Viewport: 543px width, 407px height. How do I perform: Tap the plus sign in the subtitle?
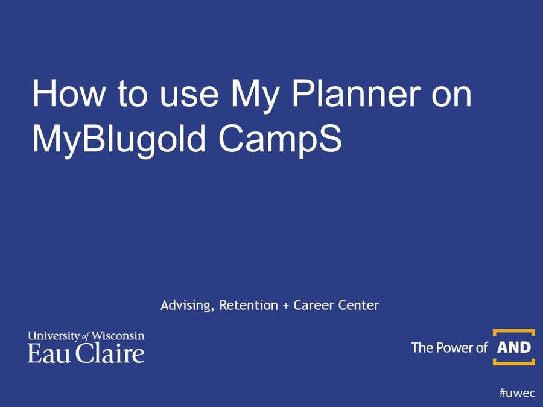tap(286, 306)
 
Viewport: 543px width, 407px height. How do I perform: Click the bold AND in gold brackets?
tap(513, 347)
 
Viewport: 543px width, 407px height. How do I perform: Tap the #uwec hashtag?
tap(516, 393)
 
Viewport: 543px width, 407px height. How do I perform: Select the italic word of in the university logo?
tap(86, 336)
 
